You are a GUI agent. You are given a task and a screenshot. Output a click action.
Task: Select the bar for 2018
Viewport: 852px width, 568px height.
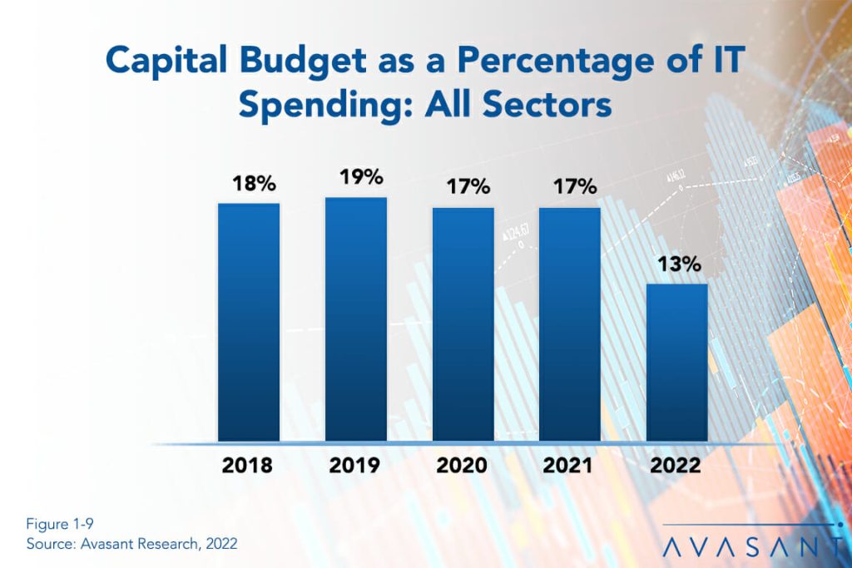(248, 322)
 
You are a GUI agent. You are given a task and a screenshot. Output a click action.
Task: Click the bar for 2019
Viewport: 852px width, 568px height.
(355, 319)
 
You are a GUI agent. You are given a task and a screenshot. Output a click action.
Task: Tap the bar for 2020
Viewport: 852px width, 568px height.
(463, 324)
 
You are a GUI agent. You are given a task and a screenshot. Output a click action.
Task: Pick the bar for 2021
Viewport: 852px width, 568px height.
(570, 324)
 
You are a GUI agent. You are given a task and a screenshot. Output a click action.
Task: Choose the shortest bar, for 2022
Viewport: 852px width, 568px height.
(677, 363)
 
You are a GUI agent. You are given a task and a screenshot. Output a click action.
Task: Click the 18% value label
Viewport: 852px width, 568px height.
(248, 184)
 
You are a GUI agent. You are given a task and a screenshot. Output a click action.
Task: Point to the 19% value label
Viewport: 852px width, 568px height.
(355, 177)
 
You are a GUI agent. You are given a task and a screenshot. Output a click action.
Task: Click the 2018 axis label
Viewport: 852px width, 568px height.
(248, 464)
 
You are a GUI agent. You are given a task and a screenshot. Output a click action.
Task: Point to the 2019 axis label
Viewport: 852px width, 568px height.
(355, 464)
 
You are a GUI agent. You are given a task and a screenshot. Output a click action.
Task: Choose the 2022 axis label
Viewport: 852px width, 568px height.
(677, 464)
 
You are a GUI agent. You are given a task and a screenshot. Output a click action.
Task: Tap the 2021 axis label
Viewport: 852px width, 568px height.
(570, 464)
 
